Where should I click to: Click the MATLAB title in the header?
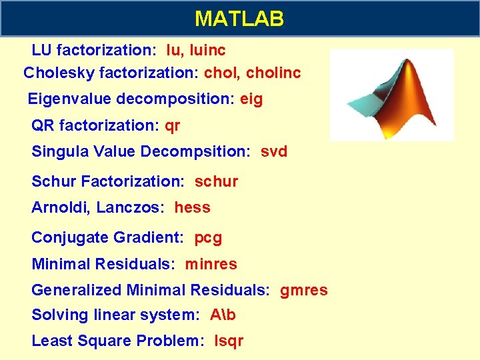click(239, 18)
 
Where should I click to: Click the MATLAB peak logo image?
click(392, 95)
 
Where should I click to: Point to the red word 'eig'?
click(251, 99)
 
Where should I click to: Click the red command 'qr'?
click(172, 125)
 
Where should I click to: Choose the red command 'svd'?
click(273, 151)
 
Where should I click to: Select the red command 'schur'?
click(216, 181)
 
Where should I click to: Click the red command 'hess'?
click(192, 207)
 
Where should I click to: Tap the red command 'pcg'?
click(208, 237)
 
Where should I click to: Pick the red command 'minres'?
click(211, 264)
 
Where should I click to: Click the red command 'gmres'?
click(303, 290)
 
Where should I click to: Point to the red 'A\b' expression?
click(223, 315)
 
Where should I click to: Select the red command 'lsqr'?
click(229, 341)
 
